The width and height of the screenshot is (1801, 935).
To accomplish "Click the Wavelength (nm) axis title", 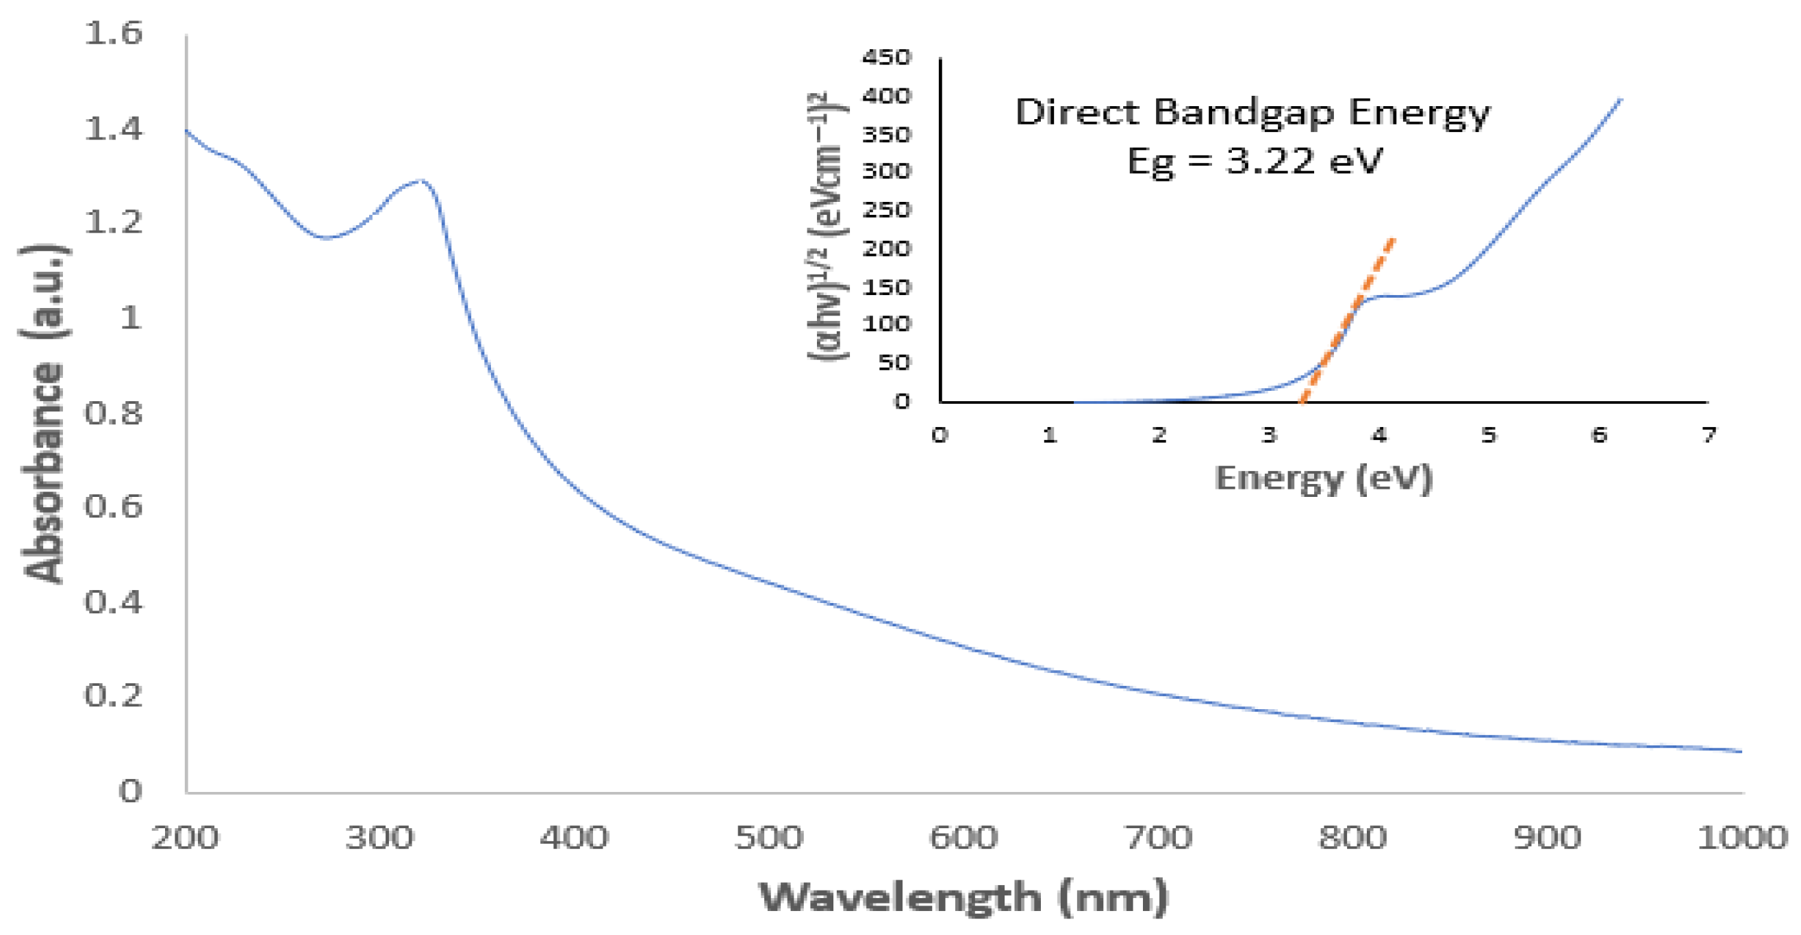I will click(x=964, y=897).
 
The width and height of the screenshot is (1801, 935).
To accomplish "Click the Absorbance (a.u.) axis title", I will click(x=43, y=413).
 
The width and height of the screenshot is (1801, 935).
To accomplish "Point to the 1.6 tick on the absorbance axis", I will click(x=113, y=33).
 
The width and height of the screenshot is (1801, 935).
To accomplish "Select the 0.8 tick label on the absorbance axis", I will click(x=113, y=413).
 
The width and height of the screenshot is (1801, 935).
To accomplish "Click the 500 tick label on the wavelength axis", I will click(x=768, y=837).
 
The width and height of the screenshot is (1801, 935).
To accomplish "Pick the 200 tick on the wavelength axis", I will click(x=186, y=837).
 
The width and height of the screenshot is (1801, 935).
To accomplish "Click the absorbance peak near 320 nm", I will click(x=420, y=181).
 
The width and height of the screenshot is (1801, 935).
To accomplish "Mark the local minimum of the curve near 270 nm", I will click(x=326, y=238).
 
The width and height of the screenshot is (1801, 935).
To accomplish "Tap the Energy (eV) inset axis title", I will click(x=1324, y=479).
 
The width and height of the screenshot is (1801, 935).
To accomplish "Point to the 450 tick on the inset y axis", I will click(x=886, y=57).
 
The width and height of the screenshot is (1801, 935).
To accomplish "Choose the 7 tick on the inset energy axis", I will click(x=1708, y=435).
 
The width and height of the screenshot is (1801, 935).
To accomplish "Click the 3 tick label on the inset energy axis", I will click(x=1269, y=435).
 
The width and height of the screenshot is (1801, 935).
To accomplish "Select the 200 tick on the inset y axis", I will click(x=886, y=248).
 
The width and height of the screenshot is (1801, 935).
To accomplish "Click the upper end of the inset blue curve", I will click(x=1620, y=101).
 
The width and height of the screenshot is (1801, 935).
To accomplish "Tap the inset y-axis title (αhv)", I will click(x=827, y=227).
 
